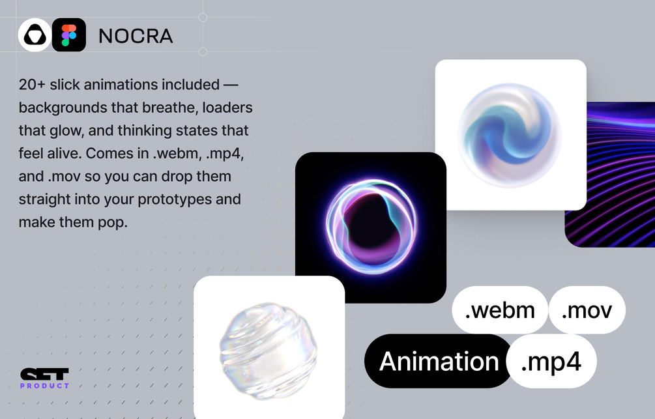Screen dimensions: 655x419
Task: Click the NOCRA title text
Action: pyautogui.click(x=136, y=36)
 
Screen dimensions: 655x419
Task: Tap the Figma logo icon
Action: pyautogui.click(x=69, y=35)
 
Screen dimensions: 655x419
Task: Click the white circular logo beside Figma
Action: pyautogui.click(x=35, y=35)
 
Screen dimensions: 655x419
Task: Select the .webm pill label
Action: pyautogui.click(x=500, y=310)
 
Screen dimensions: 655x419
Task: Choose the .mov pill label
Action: pyautogui.click(x=587, y=310)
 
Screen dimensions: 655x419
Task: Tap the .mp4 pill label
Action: pyautogui.click(x=551, y=362)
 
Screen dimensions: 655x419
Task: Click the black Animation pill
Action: pyautogui.click(x=439, y=362)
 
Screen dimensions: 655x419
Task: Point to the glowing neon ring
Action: pyautogui.click(x=371, y=226)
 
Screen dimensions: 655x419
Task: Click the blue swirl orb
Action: pyautogui.click(x=510, y=135)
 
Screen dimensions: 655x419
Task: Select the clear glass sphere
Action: pyautogui.click(x=268, y=351)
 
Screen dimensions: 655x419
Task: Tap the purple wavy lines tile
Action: pyautogui.click(x=610, y=175)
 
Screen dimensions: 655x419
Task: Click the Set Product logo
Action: pyautogui.click(x=44, y=379)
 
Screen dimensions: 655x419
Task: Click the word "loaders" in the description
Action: pyautogui.click(x=227, y=108)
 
